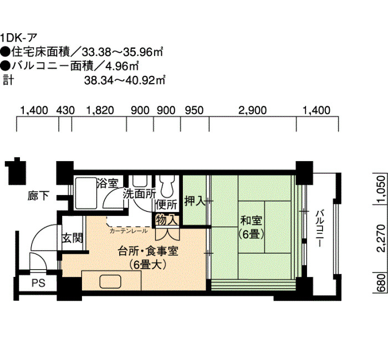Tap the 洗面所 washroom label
tap(139, 194)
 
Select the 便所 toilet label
tap(166, 205)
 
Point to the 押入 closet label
tap(195, 202)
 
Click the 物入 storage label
tap(166, 220)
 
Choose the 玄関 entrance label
tap(72, 239)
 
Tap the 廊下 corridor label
tap(38, 196)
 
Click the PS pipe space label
tap(39, 283)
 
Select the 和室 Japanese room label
tap(251, 220)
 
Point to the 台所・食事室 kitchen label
tap(148, 251)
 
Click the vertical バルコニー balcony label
tap(321, 228)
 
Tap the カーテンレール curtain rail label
tap(129, 231)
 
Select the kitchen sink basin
tap(110, 281)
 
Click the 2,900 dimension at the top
tap(252, 110)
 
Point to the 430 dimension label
tap(65, 110)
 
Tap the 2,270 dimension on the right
tap(381, 238)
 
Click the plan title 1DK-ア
tap(19, 38)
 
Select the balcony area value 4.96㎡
tap(122, 66)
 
